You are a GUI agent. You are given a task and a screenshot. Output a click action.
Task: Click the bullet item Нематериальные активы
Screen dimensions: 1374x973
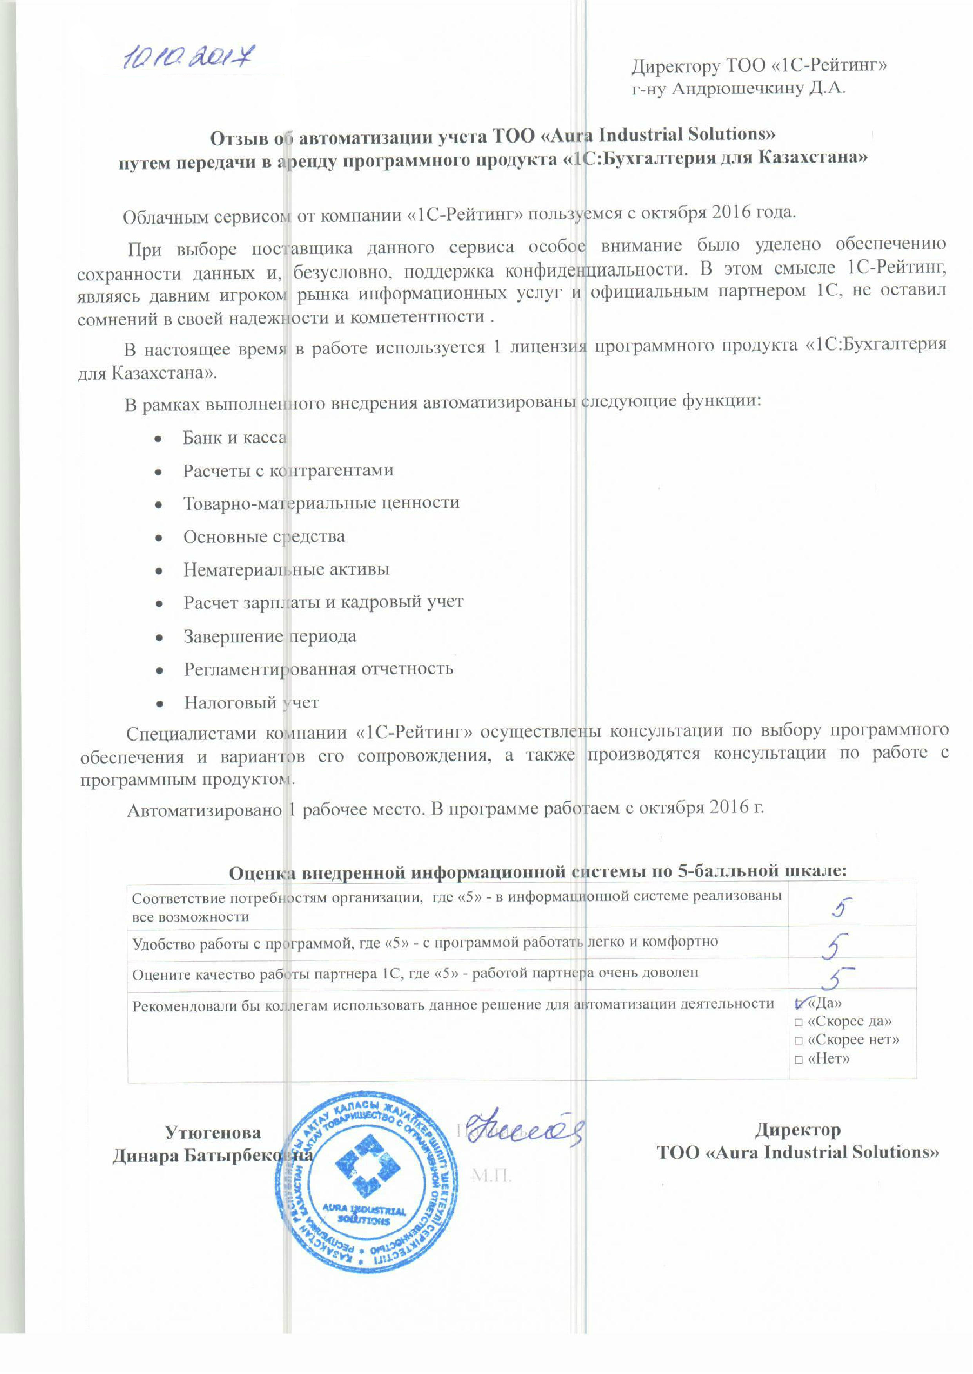click(x=286, y=569)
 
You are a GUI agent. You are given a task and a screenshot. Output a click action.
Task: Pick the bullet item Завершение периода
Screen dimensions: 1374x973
click(x=270, y=636)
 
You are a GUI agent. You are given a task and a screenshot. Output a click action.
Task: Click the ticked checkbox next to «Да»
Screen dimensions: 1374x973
click(x=799, y=1004)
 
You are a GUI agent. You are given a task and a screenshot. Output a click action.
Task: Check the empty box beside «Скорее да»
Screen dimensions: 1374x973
click(x=799, y=1023)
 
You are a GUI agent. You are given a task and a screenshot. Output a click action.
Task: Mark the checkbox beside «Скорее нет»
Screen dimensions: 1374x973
click(x=799, y=1041)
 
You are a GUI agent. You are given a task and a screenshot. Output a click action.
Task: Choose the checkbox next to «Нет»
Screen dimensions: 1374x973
click(x=799, y=1060)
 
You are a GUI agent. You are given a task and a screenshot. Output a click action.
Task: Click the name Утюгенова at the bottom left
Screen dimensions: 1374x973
click(x=213, y=1133)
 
